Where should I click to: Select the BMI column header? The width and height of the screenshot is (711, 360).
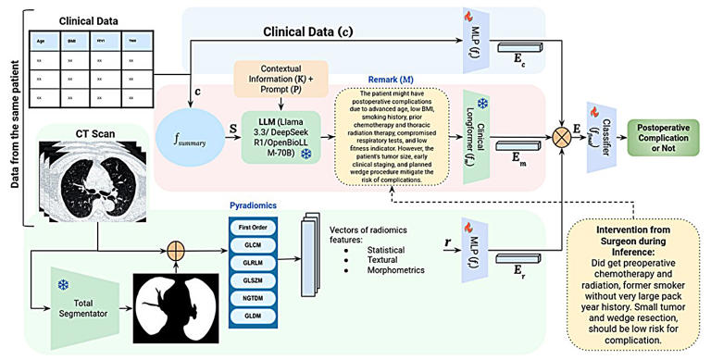coord(72,42)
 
